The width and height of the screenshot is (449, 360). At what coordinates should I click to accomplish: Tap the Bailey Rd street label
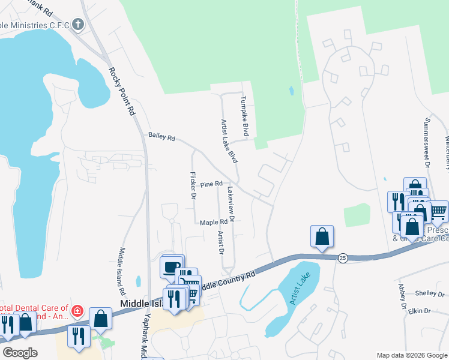tap(161, 137)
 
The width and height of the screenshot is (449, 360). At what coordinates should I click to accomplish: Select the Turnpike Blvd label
tap(244, 115)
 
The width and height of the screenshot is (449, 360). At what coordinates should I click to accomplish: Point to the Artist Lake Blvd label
tap(229, 142)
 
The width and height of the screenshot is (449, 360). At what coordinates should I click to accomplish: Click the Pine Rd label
tap(211, 184)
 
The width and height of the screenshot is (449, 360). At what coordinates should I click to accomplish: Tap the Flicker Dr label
tap(193, 185)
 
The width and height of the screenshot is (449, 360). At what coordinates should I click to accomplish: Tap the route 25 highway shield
tap(342, 257)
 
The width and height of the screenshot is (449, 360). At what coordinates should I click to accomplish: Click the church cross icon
tap(77, 25)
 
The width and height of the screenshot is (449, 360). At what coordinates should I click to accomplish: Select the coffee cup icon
tap(172, 266)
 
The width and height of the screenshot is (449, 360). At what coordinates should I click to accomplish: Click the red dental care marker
tap(77, 311)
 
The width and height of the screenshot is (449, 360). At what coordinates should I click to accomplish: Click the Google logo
tap(20, 353)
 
